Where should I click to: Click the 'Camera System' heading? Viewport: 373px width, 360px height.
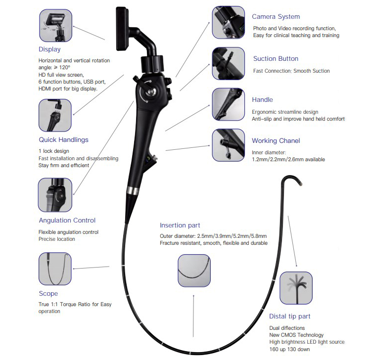[276, 17]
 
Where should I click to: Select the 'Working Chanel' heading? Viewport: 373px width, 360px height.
[276, 141]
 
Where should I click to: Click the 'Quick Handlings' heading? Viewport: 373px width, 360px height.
[63, 140]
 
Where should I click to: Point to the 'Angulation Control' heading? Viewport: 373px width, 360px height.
[67, 221]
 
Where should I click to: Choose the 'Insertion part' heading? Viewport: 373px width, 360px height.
[180, 225]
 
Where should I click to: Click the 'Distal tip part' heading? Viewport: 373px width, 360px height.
[289, 316]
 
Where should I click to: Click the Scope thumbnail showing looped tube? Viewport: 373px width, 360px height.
[55, 269]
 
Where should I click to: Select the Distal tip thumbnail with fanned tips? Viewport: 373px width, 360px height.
[296, 288]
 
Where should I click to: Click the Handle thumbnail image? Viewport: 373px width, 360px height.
[228, 104]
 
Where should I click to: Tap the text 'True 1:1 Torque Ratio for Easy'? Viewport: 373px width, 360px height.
[75, 304]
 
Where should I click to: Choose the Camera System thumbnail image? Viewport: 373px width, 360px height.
[228, 23]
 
